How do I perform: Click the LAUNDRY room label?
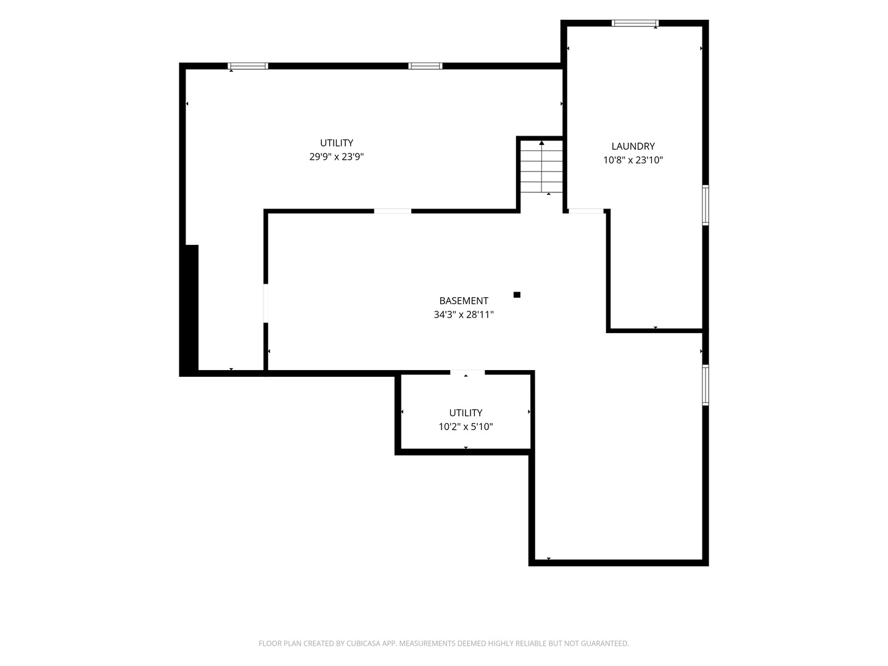click(x=633, y=146)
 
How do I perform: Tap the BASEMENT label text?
click(x=464, y=301)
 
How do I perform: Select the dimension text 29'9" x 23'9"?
click(x=337, y=157)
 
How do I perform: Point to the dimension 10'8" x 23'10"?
click(x=633, y=160)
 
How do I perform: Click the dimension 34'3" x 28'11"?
click(x=464, y=314)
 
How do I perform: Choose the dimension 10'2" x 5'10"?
click(x=466, y=427)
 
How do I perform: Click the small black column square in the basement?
click(x=517, y=295)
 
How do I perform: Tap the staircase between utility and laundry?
click(x=541, y=166)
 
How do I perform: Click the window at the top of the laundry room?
click(x=635, y=23)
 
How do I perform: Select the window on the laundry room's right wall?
click(x=705, y=205)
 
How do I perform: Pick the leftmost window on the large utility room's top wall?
click(x=247, y=66)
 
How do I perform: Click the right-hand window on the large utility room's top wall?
click(x=425, y=66)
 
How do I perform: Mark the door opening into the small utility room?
click(x=467, y=372)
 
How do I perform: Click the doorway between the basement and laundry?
click(x=586, y=211)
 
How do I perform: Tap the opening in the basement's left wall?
click(x=266, y=303)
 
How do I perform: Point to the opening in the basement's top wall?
click(x=392, y=211)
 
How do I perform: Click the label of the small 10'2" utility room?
click(x=466, y=413)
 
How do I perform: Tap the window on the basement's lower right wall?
click(x=705, y=385)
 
